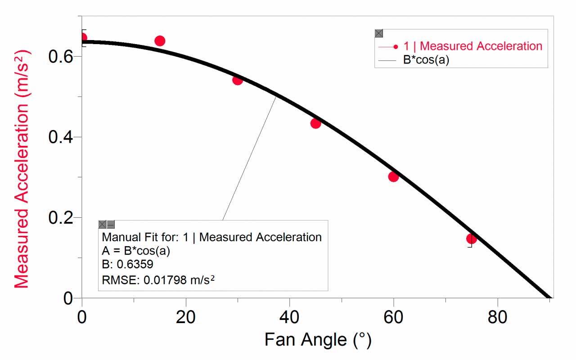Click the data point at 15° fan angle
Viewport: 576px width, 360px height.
pos(160,41)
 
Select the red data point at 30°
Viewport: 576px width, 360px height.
pos(238,80)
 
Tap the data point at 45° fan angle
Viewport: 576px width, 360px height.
pos(315,123)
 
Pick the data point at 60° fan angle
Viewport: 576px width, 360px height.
pos(393,176)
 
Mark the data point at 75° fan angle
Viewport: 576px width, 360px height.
pos(471,238)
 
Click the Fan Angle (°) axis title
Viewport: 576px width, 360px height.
pos(318,340)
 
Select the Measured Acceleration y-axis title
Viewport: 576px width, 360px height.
pos(21,169)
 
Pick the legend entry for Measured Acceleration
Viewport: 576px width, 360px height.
pos(472,46)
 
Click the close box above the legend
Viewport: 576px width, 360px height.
pos(379,33)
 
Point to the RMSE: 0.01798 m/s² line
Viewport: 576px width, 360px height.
pos(158,280)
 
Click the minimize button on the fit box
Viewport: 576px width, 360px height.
pos(111,225)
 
